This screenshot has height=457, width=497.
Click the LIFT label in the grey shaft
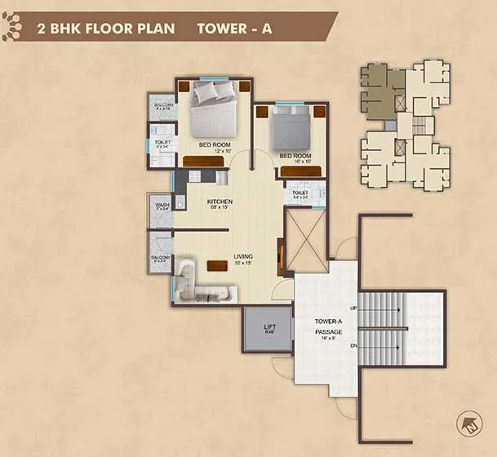pyautogui.click(x=269, y=329)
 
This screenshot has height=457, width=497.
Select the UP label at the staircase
pyautogui.click(x=353, y=308)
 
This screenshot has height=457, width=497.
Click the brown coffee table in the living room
pyautogui.click(x=217, y=265)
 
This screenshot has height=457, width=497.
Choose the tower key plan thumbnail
pyautogui.click(x=406, y=126)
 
